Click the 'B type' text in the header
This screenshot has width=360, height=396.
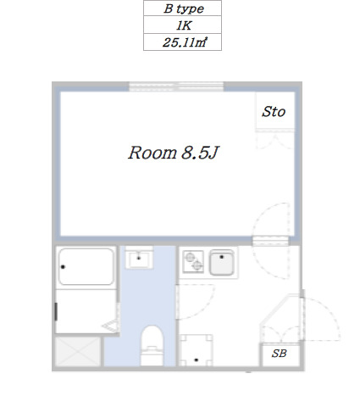click(182, 10)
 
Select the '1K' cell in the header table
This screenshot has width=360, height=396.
click(182, 26)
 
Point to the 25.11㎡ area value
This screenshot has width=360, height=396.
click(182, 42)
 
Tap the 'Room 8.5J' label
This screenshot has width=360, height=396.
click(174, 153)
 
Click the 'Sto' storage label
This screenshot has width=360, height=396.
click(273, 112)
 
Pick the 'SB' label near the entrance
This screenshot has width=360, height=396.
click(279, 354)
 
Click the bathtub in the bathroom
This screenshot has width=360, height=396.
click(86, 267)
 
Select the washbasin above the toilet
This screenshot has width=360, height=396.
click(139, 258)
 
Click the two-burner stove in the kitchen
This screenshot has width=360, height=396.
click(192, 263)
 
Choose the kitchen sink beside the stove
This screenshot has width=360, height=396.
click(223, 264)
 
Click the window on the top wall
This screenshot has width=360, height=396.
click(176, 86)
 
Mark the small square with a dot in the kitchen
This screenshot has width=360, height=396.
click(197, 349)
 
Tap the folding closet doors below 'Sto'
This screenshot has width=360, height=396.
click(273, 139)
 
